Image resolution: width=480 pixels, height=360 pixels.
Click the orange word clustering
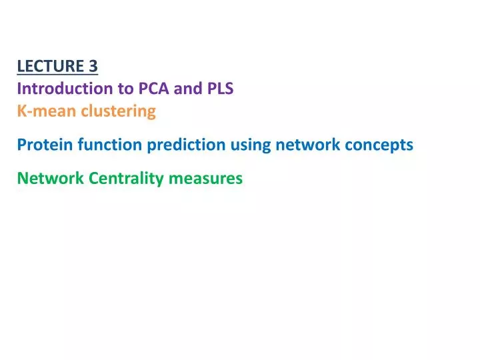(118, 111)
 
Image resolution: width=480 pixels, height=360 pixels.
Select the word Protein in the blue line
(42, 145)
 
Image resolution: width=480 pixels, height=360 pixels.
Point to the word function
(100, 145)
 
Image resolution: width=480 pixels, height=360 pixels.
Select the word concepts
(380, 145)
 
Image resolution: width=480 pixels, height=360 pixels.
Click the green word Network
(50, 178)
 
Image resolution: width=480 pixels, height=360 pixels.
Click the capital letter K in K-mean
(21, 111)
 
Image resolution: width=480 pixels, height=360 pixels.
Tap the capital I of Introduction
(19, 88)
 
